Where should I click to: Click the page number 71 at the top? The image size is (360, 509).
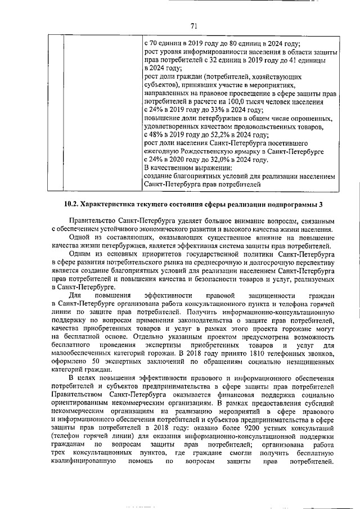(193, 25)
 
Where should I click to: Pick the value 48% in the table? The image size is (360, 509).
(159, 135)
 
